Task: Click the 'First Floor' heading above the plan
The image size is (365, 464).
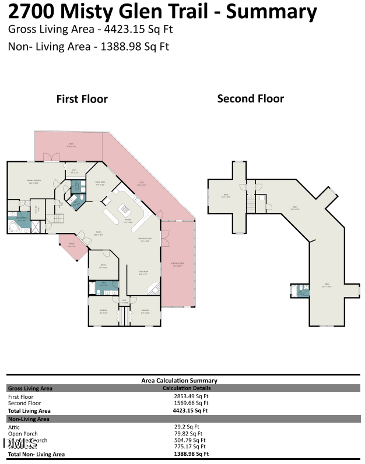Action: click(82, 100)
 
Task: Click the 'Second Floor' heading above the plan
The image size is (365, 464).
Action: click(250, 99)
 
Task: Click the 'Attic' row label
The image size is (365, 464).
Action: click(14, 427)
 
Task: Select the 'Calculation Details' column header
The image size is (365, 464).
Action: click(187, 388)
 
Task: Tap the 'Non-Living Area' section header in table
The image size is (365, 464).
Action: click(28, 419)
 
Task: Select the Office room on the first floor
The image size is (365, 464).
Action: click(103, 267)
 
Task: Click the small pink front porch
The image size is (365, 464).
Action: click(72, 245)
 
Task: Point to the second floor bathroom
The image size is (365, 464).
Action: click(300, 291)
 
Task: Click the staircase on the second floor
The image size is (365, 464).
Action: click(251, 204)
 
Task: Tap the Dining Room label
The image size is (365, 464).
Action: click(100, 183)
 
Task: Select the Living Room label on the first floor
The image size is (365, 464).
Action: click(143, 273)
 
